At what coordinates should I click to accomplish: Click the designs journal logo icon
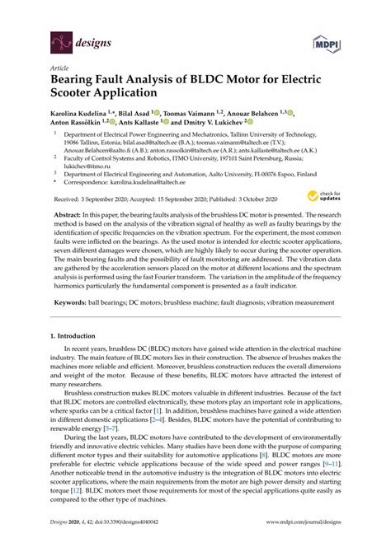(59, 39)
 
